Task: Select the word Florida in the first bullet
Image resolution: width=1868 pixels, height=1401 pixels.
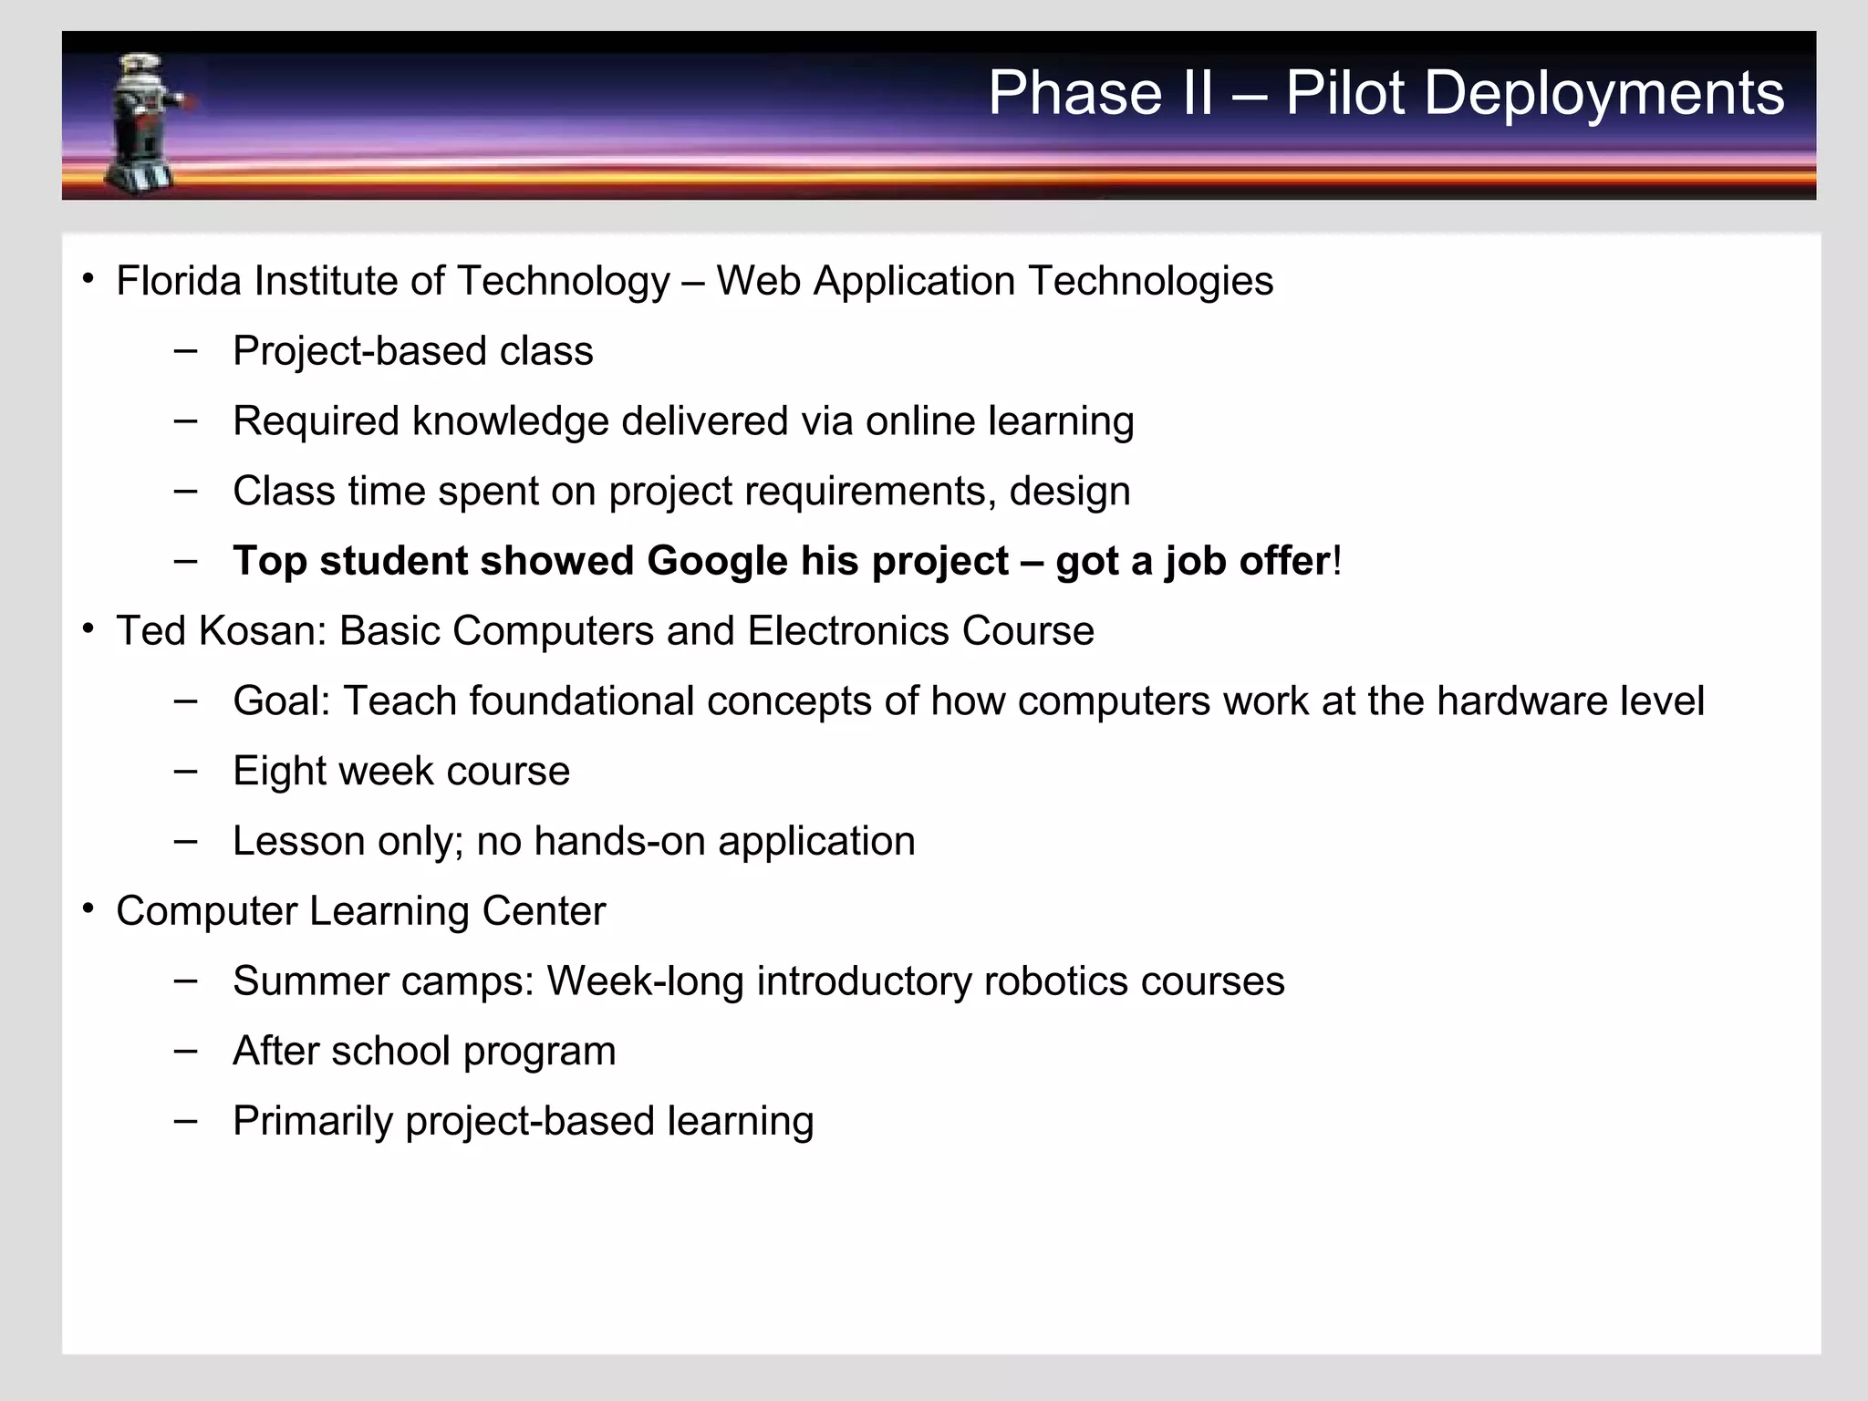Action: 179,281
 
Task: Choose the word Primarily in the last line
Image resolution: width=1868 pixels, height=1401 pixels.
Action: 312,1122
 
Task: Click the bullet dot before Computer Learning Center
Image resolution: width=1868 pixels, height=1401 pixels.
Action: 88,909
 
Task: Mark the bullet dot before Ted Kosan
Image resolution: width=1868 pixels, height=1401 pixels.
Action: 88,629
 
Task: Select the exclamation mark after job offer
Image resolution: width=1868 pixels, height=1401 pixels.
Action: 1337,561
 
